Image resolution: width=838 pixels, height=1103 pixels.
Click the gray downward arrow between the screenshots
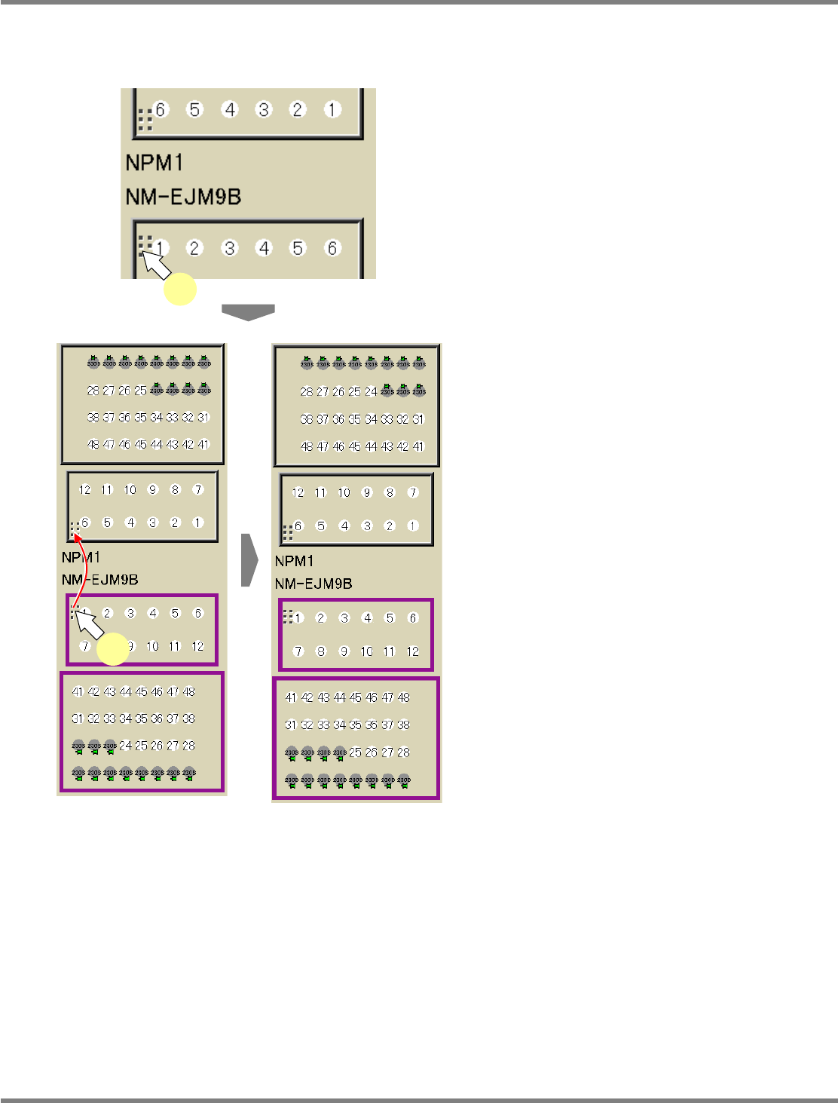tap(248, 312)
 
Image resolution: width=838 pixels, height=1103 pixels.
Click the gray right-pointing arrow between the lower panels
tap(249, 560)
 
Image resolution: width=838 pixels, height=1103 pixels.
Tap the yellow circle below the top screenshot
tap(181, 290)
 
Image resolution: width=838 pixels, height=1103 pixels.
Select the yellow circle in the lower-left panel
tap(114, 650)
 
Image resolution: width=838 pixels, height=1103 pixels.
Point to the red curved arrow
tap(84, 570)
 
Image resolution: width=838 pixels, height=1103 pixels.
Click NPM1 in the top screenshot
tap(154, 163)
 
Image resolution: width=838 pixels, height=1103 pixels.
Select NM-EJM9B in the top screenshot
tap(183, 198)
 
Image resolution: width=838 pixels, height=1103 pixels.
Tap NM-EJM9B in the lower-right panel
tap(313, 584)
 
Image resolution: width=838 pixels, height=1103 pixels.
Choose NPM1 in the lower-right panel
tap(295, 561)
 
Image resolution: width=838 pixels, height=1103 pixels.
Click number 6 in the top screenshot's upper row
tap(161, 110)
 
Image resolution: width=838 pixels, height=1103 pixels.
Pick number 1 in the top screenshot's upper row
tap(332, 110)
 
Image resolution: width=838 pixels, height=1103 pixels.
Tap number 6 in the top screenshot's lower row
tap(332, 248)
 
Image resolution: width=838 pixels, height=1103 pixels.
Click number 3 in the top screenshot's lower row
tap(229, 248)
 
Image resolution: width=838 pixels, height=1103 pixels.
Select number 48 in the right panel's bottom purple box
tap(404, 697)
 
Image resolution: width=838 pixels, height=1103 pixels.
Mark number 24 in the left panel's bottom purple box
tap(125, 746)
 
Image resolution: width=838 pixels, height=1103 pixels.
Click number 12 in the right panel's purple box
tap(412, 651)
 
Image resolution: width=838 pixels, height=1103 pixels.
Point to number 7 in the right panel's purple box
tap(298, 651)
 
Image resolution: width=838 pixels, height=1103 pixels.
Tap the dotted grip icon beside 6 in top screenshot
tap(145, 119)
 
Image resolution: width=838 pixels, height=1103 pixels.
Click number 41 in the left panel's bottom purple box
tap(78, 691)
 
